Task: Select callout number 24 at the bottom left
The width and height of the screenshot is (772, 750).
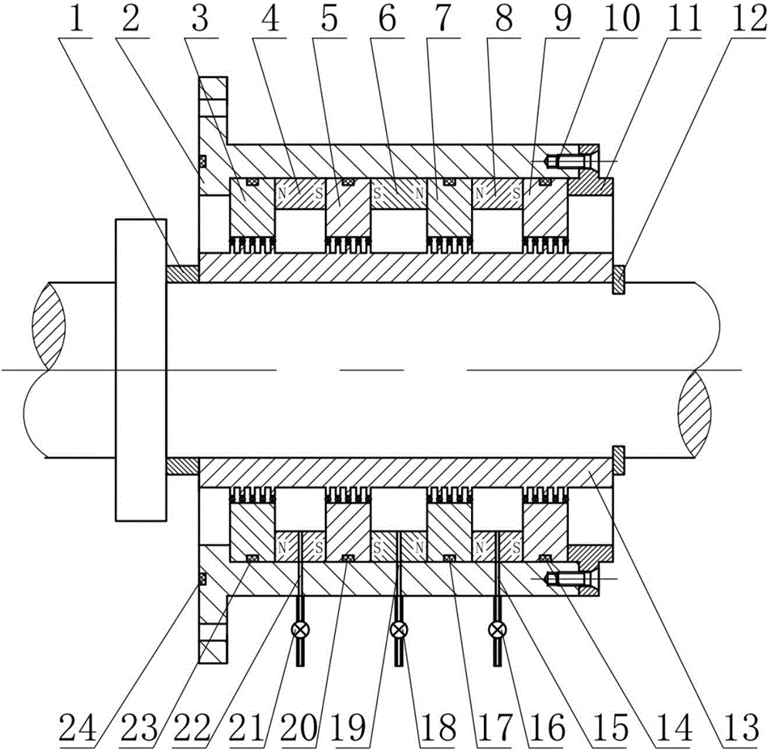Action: [x=77, y=728]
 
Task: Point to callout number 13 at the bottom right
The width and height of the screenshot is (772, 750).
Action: [x=741, y=728]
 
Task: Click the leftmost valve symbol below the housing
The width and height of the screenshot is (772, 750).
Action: [x=300, y=630]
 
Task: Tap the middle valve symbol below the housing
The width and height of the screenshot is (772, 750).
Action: [x=398, y=630]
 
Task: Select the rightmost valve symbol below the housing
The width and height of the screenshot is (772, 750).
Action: [x=497, y=630]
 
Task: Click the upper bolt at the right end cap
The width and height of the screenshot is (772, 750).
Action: [x=564, y=161]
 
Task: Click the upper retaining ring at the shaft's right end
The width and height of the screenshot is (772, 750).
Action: [x=619, y=280]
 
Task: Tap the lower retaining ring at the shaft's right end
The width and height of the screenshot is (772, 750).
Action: [x=619, y=461]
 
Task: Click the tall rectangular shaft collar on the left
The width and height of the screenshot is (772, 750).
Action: [x=141, y=370]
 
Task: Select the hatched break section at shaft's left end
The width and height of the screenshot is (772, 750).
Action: [x=49, y=326]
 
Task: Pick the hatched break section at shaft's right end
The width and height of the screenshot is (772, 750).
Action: [x=694, y=414]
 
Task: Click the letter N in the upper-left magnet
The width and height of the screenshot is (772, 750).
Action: [x=282, y=194]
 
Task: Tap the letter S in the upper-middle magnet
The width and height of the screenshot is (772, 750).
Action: [x=378, y=194]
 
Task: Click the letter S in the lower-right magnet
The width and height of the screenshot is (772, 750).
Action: [x=516, y=547]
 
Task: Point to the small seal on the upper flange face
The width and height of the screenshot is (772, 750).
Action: [x=201, y=161]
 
